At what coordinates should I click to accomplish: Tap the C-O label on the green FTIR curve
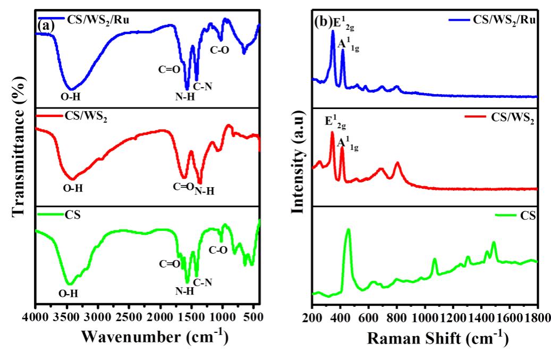pyautogui.click(x=218, y=249)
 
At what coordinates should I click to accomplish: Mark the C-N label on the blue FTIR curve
pyautogui.click(x=202, y=86)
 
